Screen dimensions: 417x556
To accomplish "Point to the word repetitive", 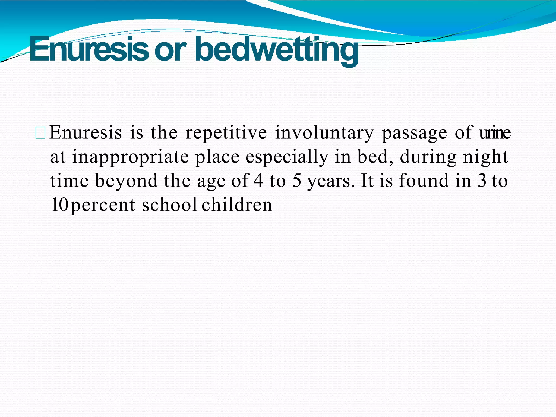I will [x=226, y=133].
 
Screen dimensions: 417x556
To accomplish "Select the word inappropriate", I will [x=130, y=157].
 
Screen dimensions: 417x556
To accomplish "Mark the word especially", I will [x=287, y=157].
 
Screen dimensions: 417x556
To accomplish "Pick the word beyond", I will [x=126, y=181].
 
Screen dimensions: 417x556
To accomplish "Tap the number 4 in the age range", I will [x=258, y=181].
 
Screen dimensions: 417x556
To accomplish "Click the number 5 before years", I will [x=297, y=181].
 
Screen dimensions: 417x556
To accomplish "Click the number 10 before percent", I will [x=59, y=205].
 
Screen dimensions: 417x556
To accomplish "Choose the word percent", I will [x=103, y=205].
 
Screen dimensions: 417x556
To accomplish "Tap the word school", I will [x=169, y=205].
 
